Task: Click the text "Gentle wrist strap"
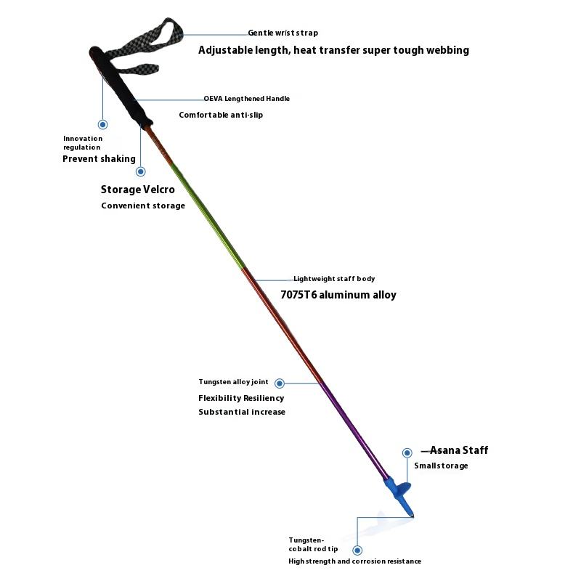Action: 283,33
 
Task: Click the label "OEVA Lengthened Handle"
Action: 246,98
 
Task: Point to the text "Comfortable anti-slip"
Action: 221,115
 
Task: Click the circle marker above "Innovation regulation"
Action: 103,125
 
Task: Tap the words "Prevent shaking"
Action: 99,159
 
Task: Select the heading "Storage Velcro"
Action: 137,190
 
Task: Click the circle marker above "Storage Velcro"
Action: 141,172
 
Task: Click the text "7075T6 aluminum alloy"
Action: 338,295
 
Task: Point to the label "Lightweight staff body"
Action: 334,279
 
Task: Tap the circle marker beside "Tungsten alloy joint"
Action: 279,383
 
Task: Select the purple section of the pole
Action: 349,421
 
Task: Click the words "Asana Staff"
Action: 459,450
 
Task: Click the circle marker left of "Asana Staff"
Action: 407,452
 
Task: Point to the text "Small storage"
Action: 441,466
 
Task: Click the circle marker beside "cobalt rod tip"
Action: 357,550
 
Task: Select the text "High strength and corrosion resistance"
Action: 354,561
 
